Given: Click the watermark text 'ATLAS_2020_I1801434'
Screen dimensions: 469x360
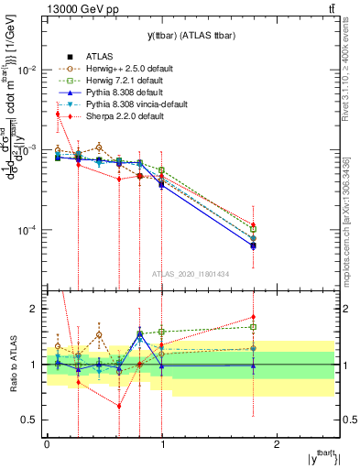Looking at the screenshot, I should click(x=191, y=273).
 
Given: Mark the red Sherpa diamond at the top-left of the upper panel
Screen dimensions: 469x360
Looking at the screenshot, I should click(x=58, y=114).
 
